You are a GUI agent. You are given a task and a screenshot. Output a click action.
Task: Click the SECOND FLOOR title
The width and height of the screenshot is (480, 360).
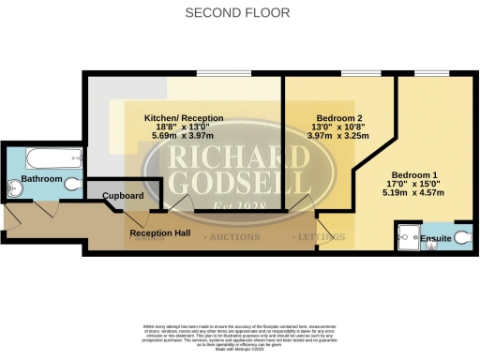[x=237, y=13]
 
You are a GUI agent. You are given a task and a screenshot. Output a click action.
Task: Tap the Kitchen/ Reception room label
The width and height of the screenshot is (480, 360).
[x=184, y=117]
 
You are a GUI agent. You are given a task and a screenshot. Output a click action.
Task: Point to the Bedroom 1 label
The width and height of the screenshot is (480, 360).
[x=413, y=175]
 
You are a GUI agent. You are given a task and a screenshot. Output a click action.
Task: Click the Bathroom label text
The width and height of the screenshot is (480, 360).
[x=42, y=179]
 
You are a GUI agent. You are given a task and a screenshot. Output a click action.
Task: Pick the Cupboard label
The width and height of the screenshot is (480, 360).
[x=124, y=195]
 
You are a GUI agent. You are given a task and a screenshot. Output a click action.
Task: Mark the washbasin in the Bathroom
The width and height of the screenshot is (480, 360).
[x=14, y=188]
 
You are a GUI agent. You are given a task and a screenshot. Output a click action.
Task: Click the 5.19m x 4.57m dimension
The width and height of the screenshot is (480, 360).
[x=413, y=193]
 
